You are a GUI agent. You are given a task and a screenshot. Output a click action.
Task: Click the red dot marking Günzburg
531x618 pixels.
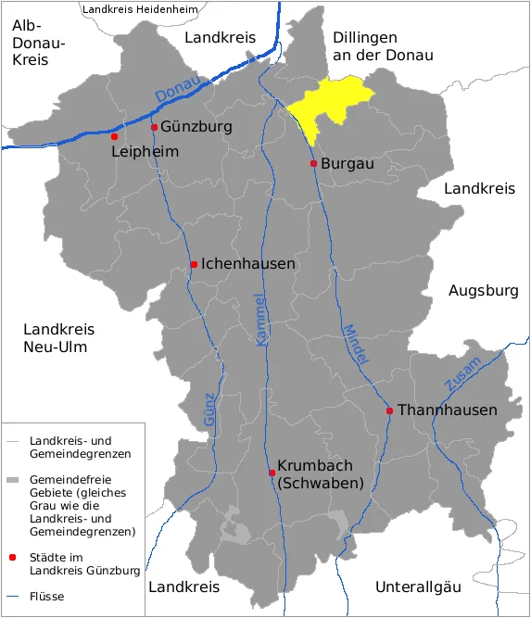[154, 128]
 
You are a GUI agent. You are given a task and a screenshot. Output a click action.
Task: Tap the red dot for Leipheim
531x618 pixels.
[115, 136]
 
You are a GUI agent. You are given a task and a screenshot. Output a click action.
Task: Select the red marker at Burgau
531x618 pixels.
[313, 163]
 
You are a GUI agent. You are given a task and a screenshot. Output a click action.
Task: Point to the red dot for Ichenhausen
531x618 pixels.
[194, 264]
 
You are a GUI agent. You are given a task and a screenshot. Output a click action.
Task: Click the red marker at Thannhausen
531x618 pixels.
[390, 410]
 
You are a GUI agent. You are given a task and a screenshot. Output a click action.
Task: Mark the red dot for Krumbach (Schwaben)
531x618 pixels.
[272, 473]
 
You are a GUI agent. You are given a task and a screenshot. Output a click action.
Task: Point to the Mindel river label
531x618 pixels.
[356, 344]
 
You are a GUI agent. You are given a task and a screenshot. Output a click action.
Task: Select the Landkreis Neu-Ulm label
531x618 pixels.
[59, 338]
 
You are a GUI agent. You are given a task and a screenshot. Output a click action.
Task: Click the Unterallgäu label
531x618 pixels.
[418, 586]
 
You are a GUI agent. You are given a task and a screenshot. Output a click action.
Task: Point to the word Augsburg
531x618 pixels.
[483, 291]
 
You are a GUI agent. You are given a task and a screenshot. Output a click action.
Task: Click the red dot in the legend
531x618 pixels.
[13, 558]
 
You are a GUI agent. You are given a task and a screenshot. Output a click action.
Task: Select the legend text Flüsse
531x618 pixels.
[47, 596]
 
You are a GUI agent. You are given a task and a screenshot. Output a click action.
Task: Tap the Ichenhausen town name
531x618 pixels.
[248, 264]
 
